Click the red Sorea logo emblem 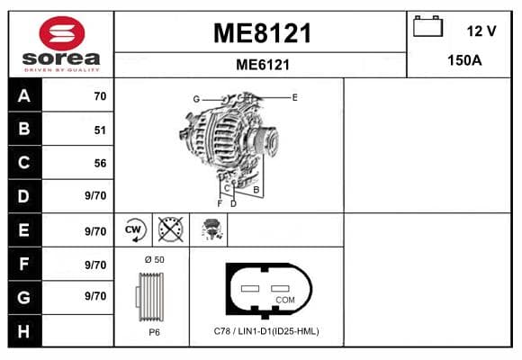pos(62,33)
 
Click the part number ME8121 pos(262,33)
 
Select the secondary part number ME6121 pos(263,65)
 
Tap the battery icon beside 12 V pos(427,26)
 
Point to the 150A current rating pos(464,60)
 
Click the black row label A pos(24,96)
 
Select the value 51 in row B pos(100,130)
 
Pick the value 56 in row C pos(100,163)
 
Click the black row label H pos(23,331)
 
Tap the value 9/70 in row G pos(95,296)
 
